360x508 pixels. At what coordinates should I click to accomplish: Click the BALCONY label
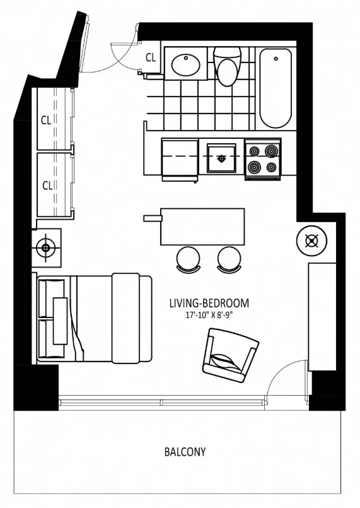[x=185, y=452]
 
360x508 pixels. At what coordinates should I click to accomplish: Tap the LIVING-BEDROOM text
[x=209, y=303]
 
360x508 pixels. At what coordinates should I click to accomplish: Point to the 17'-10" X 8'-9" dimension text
[x=209, y=316]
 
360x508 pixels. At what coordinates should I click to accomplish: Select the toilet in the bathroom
[x=228, y=66]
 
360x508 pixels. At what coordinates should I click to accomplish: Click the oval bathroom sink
[x=186, y=64]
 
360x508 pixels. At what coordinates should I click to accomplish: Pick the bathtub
[x=276, y=88]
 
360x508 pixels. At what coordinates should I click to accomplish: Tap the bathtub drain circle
[x=276, y=59]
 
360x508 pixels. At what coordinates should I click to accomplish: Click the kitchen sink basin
[x=221, y=158]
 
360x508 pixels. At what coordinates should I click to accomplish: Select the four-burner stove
[x=263, y=158]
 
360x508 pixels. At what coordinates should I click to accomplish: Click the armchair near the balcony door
[x=230, y=355]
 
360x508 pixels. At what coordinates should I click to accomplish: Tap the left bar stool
[x=188, y=259]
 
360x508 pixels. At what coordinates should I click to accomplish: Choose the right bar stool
[x=229, y=259]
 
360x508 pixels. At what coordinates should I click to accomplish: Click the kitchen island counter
[x=202, y=227]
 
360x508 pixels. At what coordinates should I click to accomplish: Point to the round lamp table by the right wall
[x=311, y=240]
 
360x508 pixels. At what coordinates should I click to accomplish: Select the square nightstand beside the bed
[x=46, y=248]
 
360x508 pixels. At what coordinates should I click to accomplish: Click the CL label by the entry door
[x=151, y=57]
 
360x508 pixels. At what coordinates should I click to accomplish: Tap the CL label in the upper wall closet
[x=46, y=121]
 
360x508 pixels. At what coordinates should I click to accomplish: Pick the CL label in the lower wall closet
[x=47, y=186]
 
